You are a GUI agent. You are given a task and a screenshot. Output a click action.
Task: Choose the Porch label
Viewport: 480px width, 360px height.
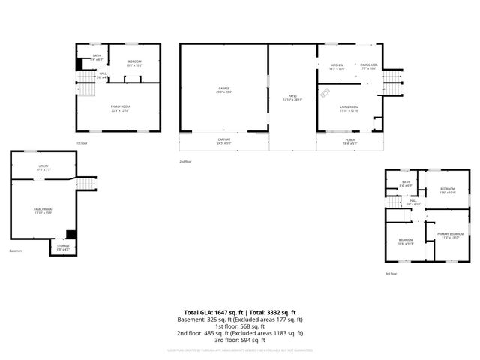pos(349,140)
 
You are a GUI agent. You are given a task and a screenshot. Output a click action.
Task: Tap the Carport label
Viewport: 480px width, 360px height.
pos(224,140)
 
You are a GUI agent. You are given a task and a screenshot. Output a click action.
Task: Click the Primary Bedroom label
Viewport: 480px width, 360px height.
pos(451,235)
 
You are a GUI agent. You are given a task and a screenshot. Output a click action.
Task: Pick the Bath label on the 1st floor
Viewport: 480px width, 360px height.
pos(97,57)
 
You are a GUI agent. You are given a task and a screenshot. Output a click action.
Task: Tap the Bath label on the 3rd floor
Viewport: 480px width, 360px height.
pos(406,184)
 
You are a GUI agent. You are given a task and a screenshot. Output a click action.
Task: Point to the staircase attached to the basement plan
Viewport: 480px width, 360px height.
pos(88,184)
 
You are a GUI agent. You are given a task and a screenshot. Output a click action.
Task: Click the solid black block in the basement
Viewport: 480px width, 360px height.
pos(70,234)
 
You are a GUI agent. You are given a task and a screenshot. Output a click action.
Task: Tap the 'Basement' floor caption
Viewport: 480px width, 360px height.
pos(16,251)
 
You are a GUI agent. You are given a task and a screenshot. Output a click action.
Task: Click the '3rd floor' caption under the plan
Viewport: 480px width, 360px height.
pos(391,274)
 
